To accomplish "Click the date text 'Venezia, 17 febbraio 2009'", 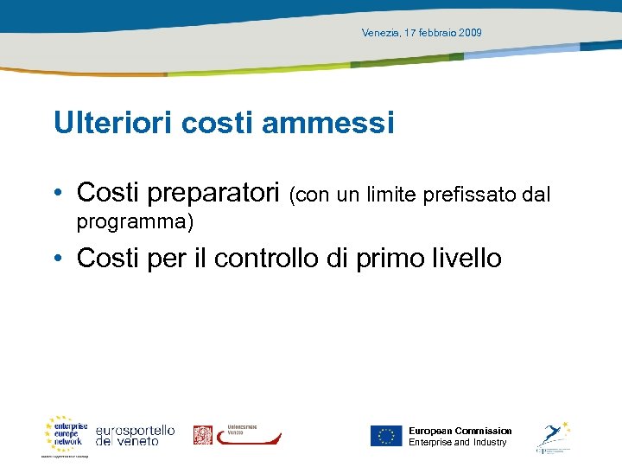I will (422, 33).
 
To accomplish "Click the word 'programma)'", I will (135, 222).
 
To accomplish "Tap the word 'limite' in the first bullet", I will (392, 195).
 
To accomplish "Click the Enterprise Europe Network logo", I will (67, 435).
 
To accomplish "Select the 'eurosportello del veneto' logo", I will (135, 435).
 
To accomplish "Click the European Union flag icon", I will (386, 436).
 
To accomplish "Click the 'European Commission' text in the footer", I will (460, 431).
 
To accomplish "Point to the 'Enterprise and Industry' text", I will (457, 443).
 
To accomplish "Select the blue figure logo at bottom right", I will (553, 435).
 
